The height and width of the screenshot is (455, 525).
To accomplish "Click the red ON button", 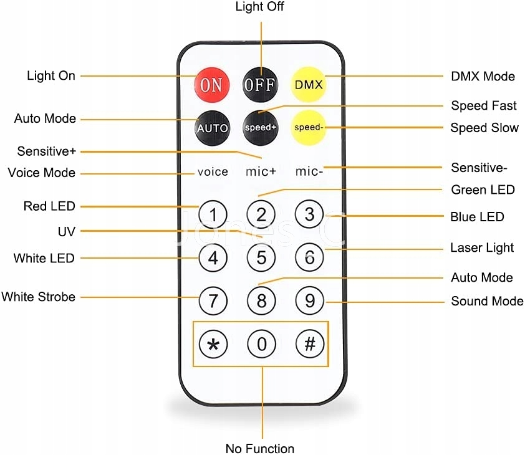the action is click(x=211, y=85).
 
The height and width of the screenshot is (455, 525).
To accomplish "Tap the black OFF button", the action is click(x=260, y=85).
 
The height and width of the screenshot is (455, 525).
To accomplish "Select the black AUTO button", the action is click(x=212, y=128).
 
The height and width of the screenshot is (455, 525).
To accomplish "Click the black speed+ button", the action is click(x=261, y=128).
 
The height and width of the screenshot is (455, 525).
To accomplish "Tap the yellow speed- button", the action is click(x=309, y=128).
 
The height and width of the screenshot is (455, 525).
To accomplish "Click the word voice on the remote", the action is click(x=213, y=172).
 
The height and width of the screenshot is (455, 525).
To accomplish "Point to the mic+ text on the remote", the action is click(x=261, y=171).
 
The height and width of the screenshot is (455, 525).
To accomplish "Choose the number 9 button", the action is click(x=310, y=300).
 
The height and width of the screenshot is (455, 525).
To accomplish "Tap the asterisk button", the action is click(x=213, y=344).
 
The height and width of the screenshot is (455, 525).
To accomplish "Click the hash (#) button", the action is click(x=310, y=343).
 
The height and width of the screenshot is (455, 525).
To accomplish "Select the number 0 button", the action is click(x=261, y=344).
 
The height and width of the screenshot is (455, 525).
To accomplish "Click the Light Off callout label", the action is click(x=259, y=7).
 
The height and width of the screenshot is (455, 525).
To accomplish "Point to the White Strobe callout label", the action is click(x=38, y=297).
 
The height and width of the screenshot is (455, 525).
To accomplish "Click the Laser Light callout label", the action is click(x=482, y=247).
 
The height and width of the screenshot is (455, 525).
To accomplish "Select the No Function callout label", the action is click(x=260, y=448).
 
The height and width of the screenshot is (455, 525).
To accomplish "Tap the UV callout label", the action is click(x=66, y=231).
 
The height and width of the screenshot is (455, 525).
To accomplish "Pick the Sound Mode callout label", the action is click(x=487, y=301).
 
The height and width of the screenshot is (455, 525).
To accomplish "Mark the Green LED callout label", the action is click(x=483, y=190).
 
